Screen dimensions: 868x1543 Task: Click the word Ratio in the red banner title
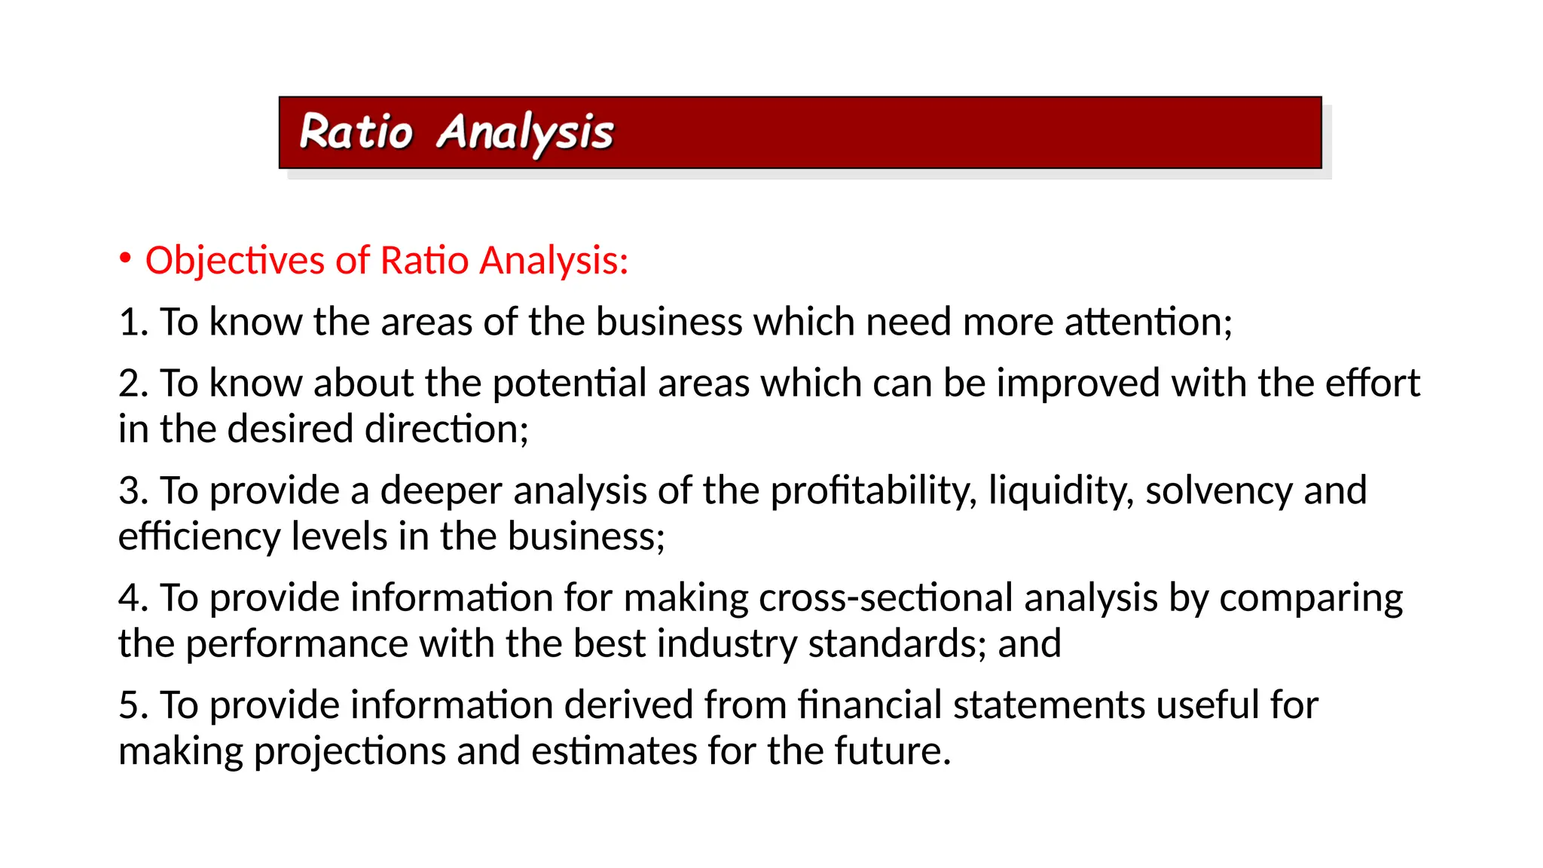(356, 133)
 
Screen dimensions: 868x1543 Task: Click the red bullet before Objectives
(125, 258)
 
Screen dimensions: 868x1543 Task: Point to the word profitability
(872, 491)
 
